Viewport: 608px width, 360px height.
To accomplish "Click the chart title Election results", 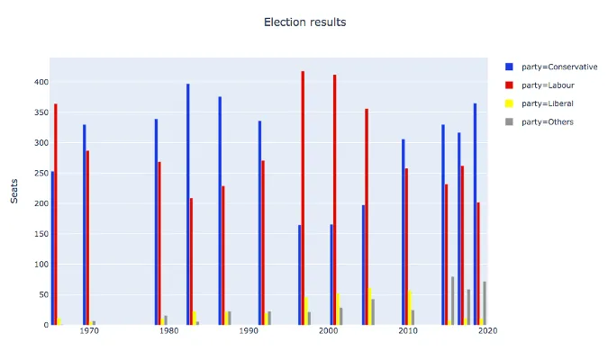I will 304,22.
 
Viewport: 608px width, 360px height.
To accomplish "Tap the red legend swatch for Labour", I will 509,85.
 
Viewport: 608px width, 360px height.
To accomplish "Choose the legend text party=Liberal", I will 548,103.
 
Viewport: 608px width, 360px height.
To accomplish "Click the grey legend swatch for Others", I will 509,121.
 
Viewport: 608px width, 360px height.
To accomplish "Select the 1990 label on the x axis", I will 248,332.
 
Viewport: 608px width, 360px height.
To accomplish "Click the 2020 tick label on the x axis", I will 487,332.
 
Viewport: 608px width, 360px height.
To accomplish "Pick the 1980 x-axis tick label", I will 168,332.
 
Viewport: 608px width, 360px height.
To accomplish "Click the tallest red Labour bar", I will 303,198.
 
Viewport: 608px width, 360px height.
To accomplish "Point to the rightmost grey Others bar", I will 485,303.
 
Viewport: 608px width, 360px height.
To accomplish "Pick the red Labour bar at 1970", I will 87,238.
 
